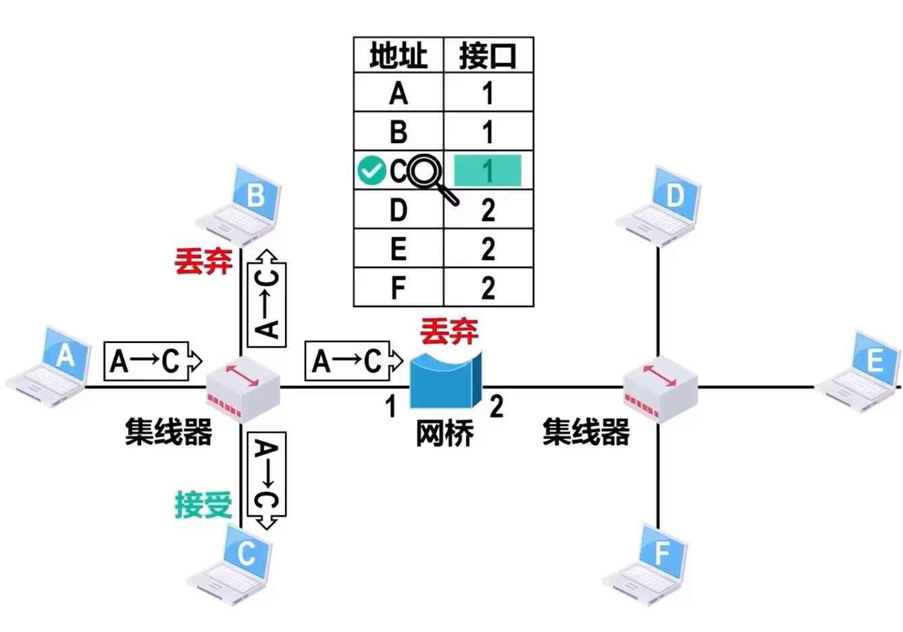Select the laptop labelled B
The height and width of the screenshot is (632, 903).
tap(239, 207)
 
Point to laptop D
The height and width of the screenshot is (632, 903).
tap(658, 206)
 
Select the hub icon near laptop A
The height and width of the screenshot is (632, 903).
tap(242, 389)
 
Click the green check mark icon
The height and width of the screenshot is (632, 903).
tap(371, 170)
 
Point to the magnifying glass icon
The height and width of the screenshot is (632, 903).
tap(429, 175)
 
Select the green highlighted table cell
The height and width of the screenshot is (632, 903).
tap(488, 171)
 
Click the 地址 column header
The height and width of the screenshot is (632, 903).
tap(398, 55)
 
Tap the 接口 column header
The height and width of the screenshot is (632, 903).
tap(488, 55)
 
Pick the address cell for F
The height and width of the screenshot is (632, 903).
tap(398, 288)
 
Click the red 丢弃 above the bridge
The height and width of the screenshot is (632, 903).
tap(449, 331)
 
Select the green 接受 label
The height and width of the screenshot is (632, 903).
tap(203, 504)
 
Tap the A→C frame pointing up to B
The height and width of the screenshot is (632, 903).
tap(267, 297)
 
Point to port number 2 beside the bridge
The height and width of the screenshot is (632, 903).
tap(496, 406)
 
